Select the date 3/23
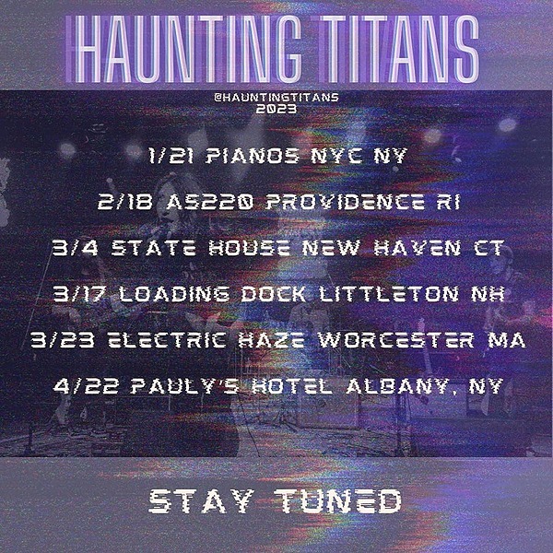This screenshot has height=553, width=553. pyautogui.click(x=57, y=341)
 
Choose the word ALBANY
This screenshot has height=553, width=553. pyautogui.click(x=401, y=385)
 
